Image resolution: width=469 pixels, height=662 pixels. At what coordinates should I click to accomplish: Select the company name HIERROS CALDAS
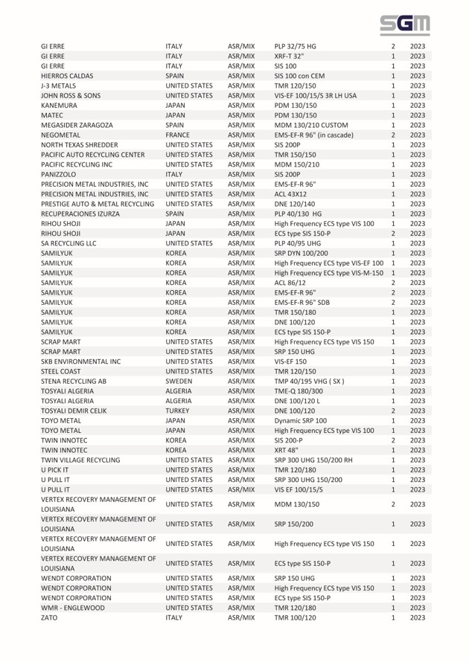pos(66,76)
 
